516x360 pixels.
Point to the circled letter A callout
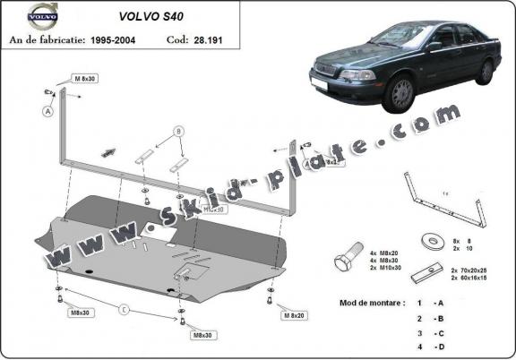coord(46,112)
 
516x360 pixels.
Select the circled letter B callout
coord(179,132)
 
